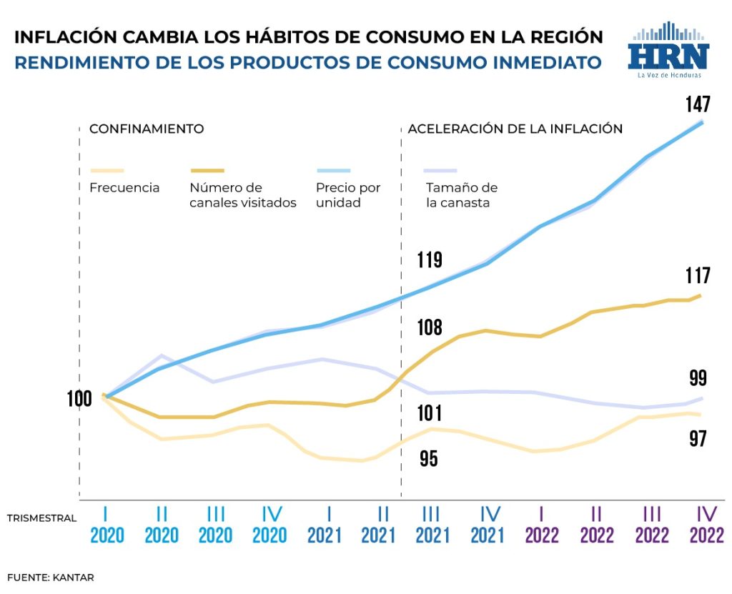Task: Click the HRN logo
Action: point(668,51)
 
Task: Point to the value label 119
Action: point(429,259)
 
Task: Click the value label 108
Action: point(429,328)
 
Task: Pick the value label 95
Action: point(428,459)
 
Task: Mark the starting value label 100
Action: point(79,398)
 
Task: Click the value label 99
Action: point(698,378)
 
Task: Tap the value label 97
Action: point(698,439)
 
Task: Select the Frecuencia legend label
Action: point(124,188)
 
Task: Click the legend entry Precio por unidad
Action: point(348,195)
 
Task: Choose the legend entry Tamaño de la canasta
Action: point(461,195)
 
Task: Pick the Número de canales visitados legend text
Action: point(242,195)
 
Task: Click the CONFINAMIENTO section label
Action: point(147,129)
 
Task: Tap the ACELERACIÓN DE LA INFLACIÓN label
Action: point(515,129)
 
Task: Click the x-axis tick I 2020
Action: point(107,525)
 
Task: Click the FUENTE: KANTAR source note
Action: point(51,576)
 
